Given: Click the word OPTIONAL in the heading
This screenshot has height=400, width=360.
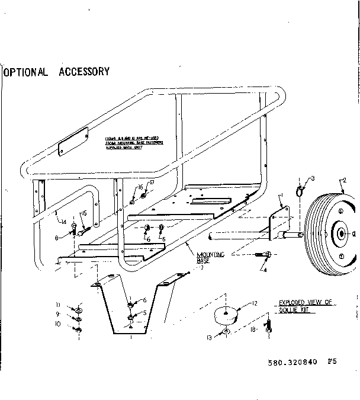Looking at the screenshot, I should point(27,72).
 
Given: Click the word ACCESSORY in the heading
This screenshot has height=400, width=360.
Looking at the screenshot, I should point(84,72).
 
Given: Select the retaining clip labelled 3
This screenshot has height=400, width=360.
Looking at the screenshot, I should point(301,190).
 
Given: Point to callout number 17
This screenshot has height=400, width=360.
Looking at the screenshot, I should point(151,183).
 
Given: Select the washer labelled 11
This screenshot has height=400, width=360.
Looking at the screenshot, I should point(79,309).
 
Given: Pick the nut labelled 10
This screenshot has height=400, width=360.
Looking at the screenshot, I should point(79,329).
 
